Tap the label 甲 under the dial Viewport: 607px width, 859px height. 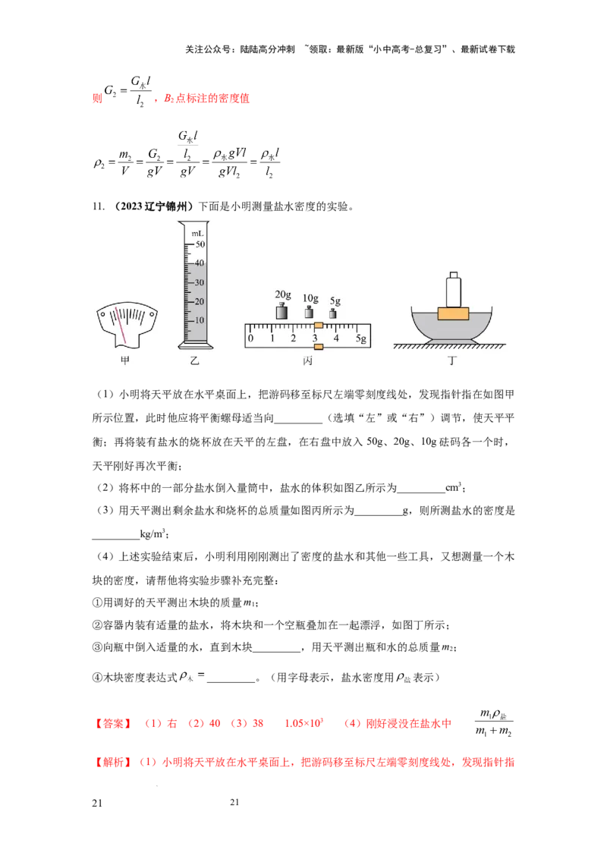point(124,361)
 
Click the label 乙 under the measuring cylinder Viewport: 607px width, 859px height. point(195,361)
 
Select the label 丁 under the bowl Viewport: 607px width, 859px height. point(452,361)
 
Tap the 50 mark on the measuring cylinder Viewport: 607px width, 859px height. point(201,244)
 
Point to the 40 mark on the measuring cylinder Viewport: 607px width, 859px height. point(201,263)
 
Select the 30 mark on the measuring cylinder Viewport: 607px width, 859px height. point(201,282)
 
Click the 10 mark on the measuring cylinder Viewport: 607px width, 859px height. point(201,320)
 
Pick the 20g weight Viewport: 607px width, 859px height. point(282,311)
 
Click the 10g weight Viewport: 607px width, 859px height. point(309,312)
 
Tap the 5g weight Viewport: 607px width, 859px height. point(332,313)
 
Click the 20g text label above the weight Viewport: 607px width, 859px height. point(283,294)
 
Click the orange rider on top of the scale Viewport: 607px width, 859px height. point(319,325)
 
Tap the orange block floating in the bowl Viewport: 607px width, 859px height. point(453,313)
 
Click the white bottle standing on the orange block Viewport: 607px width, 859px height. point(454,290)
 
